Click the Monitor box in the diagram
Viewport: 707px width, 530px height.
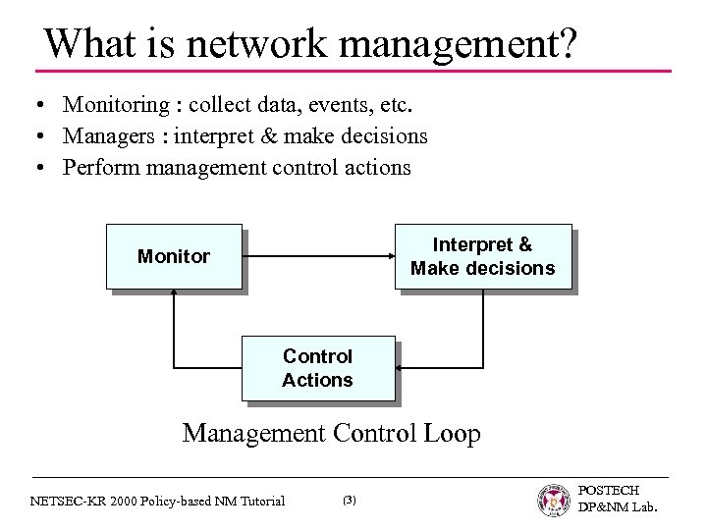pos(173,257)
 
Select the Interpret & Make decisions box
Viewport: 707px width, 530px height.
pos(482,257)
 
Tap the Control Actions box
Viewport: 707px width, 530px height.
pos(317,368)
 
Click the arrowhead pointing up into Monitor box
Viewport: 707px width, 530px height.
pos(174,292)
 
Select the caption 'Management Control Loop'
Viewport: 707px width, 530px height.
pos(332,433)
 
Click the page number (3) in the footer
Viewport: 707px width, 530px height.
pos(350,501)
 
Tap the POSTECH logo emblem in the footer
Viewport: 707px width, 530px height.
pos(553,500)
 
